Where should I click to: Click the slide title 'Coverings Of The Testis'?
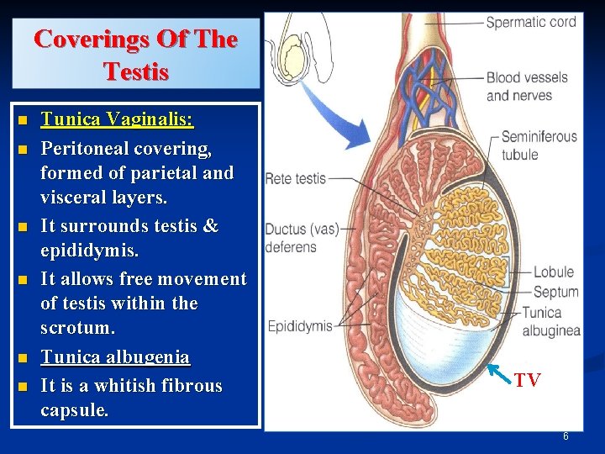[135, 54]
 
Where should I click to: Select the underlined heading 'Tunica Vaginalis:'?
[117, 120]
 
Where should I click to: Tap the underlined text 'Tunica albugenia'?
[115, 356]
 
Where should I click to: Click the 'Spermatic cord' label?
[531, 22]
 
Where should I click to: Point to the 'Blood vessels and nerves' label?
[527, 86]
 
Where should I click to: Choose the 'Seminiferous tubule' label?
[539, 145]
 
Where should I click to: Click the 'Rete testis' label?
[295, 178]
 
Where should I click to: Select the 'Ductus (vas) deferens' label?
[291, 238]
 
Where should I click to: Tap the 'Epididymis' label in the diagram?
[300, 325]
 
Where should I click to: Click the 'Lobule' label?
[553, 272]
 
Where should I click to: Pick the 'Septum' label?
[555, 292]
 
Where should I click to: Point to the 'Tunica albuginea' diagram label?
[550, 322]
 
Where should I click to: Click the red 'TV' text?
[527, 381]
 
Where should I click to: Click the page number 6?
[566, 436]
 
